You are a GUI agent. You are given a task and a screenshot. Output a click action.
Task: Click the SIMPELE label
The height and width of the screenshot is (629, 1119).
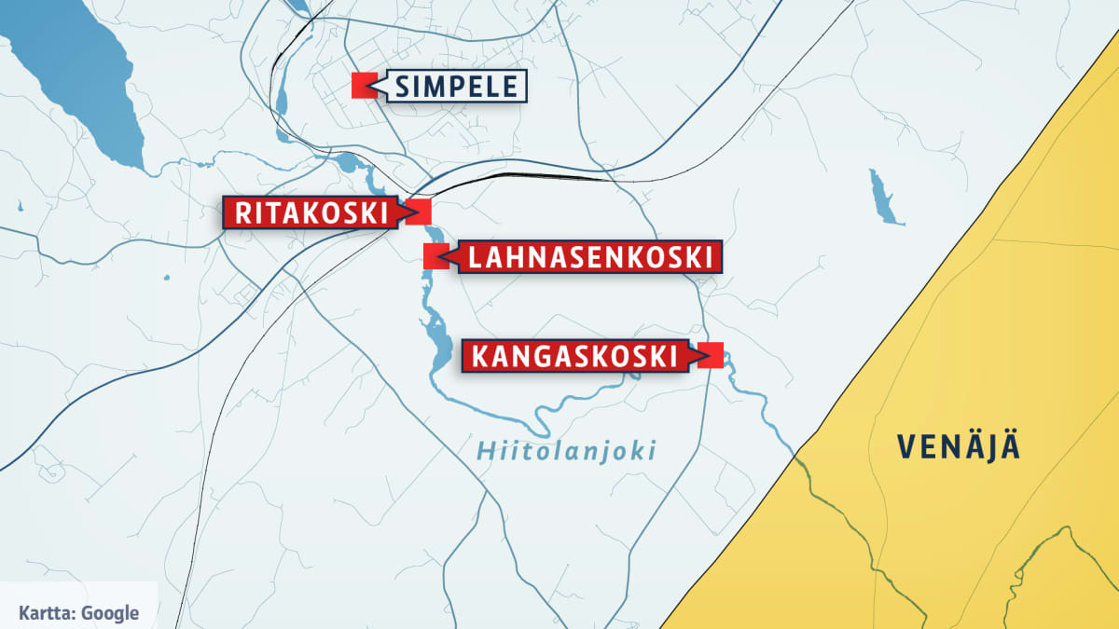(455, 87)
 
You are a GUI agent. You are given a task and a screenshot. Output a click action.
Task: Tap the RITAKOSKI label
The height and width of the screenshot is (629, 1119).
(311, 212)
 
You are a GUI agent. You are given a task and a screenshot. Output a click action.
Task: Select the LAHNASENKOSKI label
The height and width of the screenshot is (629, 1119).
(589, 256)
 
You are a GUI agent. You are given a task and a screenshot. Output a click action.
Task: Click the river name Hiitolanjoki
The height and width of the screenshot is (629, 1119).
(566, 452)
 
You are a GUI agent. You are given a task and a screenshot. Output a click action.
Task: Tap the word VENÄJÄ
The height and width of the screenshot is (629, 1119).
(960, 447)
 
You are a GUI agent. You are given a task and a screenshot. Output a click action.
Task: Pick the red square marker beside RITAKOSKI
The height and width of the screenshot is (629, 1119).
(419, 212)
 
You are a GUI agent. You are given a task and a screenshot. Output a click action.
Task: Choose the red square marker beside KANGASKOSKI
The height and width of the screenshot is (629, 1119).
(711, 355)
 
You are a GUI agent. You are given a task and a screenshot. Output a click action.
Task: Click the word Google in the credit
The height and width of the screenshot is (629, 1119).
(110, 612)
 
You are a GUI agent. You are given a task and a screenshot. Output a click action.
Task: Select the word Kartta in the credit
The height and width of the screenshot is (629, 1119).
(45, 612)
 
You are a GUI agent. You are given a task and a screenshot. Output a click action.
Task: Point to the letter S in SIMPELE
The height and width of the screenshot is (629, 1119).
(403, 87)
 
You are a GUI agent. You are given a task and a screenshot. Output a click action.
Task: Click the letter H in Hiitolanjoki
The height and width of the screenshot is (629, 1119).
(485, 452)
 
